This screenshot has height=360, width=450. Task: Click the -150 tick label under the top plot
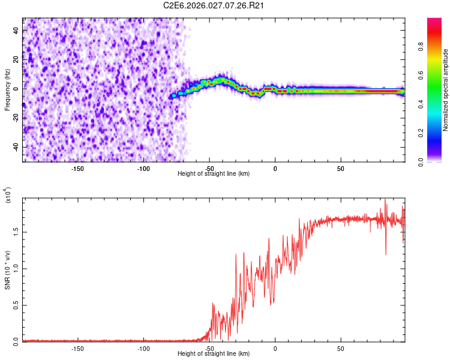tap(77, 169)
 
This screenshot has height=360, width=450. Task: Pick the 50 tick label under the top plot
tap(340, 169)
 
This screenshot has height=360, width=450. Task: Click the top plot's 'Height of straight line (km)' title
tap(214, 174)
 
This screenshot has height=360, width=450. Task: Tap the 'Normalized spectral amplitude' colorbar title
tap(446, 90)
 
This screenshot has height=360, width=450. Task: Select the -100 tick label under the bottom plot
tap(143, 349)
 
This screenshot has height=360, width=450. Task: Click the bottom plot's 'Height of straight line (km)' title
tap(214, 355)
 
